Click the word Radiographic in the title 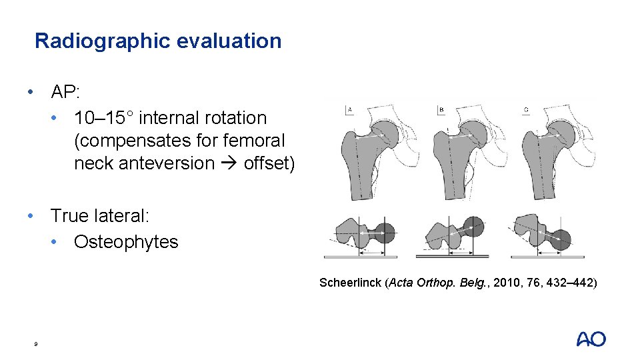103,41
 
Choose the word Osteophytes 126,241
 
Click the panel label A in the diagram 349,109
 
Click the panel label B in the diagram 441,109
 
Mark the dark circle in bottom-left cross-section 385,233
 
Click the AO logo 591,339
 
